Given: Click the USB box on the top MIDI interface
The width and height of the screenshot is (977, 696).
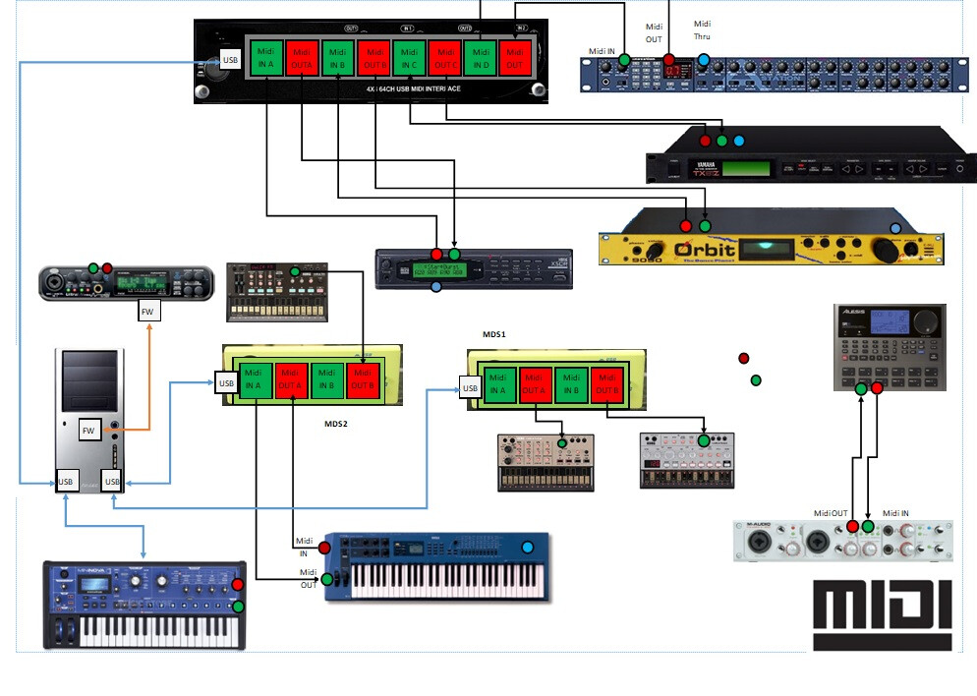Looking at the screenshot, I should (230, 60).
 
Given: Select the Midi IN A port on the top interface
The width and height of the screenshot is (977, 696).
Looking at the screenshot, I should (265, 58).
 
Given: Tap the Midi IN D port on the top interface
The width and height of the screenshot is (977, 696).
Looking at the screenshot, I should (479, 58).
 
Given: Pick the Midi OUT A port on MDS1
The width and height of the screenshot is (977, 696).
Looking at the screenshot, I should (535, 382).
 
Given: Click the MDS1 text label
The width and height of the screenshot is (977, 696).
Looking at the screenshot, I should (493, 334).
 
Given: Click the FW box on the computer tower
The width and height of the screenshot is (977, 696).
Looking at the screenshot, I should (89, 430).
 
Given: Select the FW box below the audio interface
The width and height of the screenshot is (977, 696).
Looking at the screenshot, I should (148, 312).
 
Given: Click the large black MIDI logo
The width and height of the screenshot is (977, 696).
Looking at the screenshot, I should (882, 615).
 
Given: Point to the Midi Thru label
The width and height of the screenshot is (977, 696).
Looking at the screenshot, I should (702, 29).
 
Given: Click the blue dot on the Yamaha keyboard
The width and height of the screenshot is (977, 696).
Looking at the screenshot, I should (528, 548).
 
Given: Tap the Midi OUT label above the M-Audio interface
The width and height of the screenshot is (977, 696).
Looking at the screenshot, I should (831, 513).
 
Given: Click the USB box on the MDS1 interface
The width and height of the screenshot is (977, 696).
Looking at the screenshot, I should (471, 389).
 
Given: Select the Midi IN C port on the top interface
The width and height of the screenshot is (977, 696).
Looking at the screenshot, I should (408, 58).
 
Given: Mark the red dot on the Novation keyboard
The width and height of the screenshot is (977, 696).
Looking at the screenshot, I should (237, 585).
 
